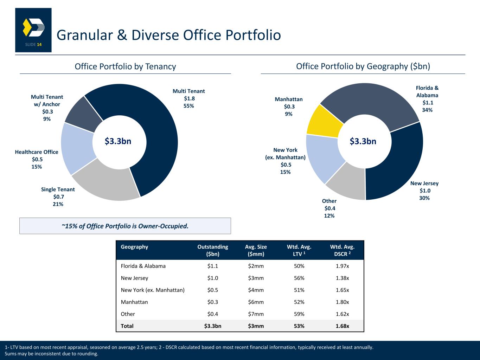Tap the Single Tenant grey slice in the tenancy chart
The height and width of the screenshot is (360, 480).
tap(105, 183)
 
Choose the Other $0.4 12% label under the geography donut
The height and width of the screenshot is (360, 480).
tap(329, 208)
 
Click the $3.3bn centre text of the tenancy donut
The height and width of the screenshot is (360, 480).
tap(118, 141)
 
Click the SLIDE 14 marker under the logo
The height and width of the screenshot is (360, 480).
tap(33, 45)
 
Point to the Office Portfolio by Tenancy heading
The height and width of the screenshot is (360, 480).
tap(125, 66)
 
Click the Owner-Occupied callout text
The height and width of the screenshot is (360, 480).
tap(125, 226)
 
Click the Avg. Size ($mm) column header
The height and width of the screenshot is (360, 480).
tap(256, 250)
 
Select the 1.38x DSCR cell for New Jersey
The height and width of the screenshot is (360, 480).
tap(342, 278)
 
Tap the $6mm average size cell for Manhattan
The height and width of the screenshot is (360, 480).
tap(256, 302)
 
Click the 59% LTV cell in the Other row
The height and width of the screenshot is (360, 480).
tap(299, 314)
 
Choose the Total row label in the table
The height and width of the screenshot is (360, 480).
tap(127, 326)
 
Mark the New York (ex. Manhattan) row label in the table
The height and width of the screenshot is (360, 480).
tap(153, 290)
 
